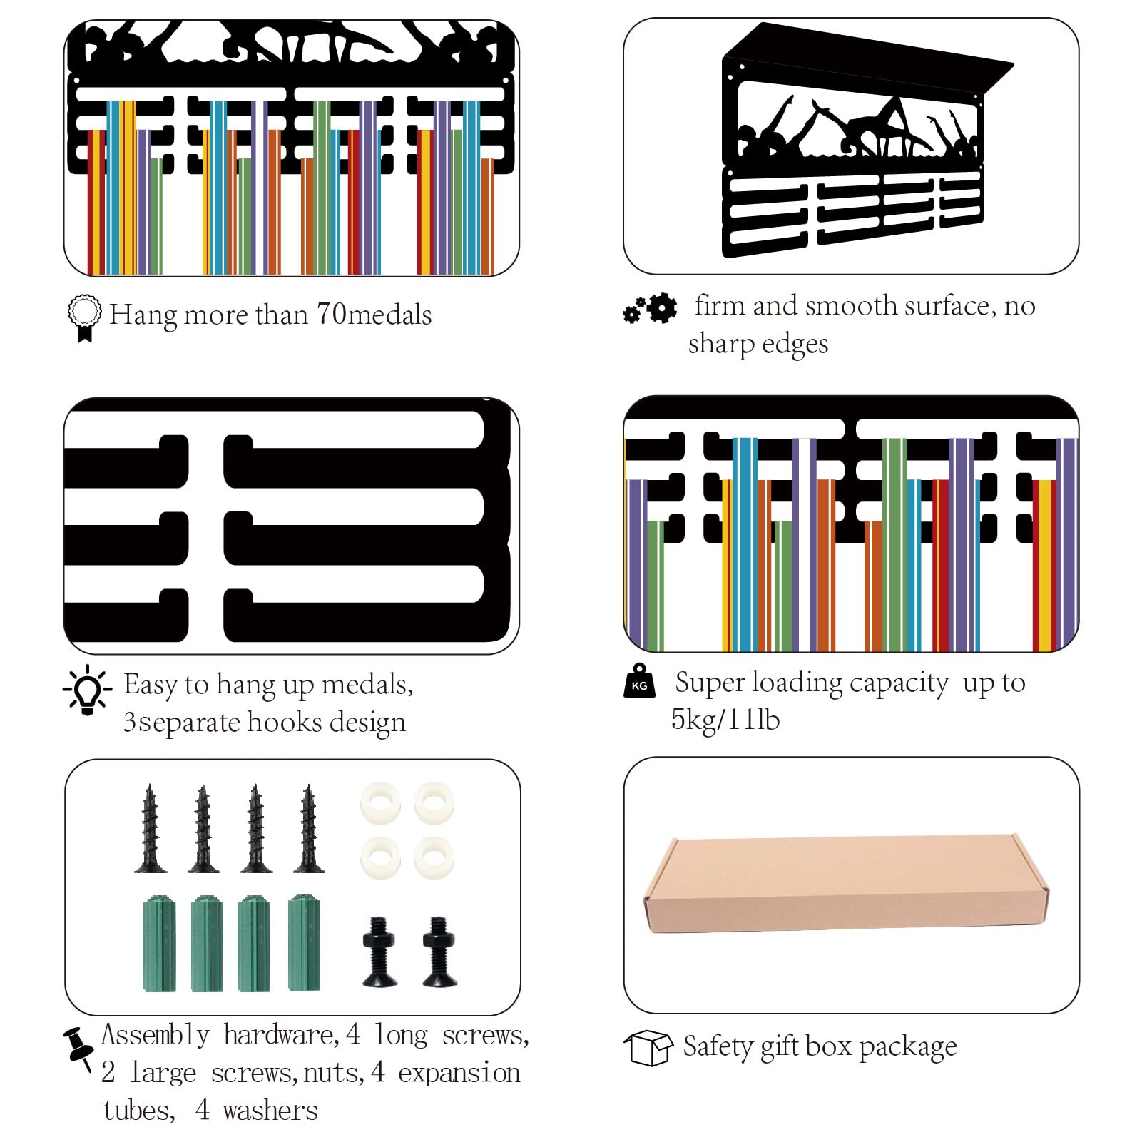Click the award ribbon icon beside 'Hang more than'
(84, 318)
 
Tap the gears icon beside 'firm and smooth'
(650, 308)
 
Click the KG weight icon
(639, 680)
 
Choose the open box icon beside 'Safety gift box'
(648, 1048)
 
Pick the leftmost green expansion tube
(159, 944)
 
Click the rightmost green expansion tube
(304, 942)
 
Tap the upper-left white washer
(380, 803)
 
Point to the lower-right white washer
(434, 857)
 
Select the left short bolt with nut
(379, 952)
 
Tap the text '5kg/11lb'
(725, 720)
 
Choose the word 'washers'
(270, 1111)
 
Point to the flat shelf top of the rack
(869, 59)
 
